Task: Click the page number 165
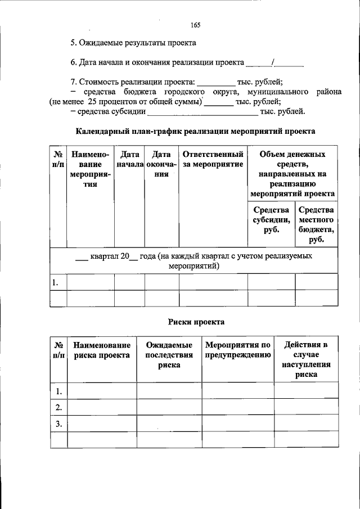point(195,25)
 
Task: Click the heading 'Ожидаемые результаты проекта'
point(133,43)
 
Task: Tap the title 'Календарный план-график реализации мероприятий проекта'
point(195,131)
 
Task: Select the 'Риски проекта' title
point(196,322)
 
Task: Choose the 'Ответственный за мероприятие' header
point(213,159)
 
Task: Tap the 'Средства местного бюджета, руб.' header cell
point(317,224)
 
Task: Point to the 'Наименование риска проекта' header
point(101,350)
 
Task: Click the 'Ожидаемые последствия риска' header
point(169,355)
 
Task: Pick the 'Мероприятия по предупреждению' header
point(238,350)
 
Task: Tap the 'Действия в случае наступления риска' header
point(306,360)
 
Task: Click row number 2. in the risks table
point(58,407)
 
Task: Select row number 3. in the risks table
point(58,423)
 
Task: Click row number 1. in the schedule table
point(55,282)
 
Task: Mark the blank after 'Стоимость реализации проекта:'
point(216,82)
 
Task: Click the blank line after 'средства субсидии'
point(201,112)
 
